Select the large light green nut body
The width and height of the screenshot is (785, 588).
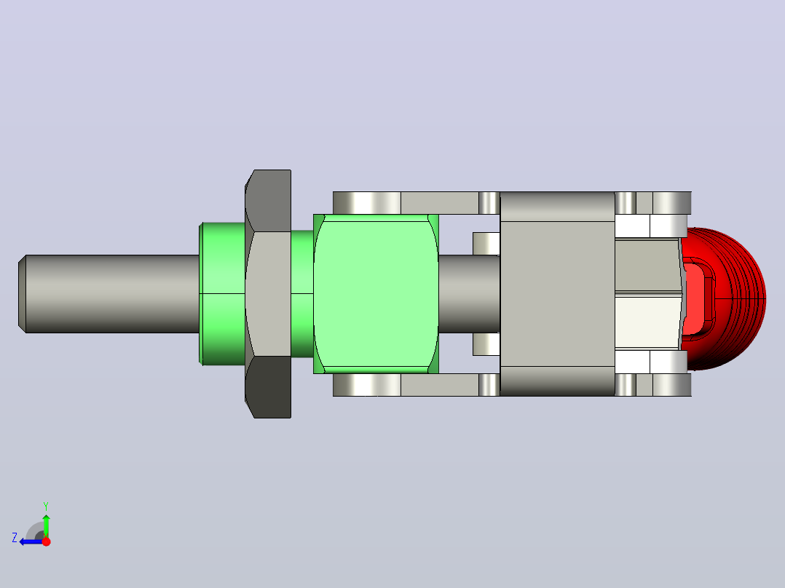(376, 294)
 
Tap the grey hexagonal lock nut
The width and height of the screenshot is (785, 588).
(268, 294)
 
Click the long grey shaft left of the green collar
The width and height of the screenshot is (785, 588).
(109, 294)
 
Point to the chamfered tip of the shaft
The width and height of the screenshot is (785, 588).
(22, 294)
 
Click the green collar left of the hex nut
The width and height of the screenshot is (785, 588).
(222, 294)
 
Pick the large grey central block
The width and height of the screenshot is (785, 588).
(557, 294)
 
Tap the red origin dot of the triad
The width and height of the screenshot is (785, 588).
(46, 541)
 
